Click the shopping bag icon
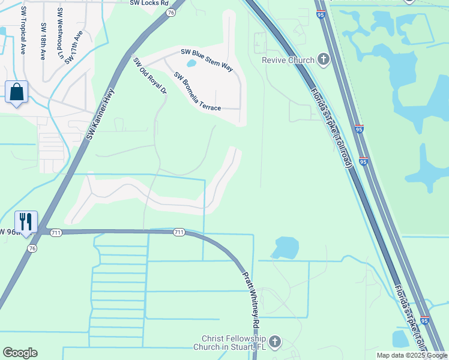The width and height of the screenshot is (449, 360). [16, 93]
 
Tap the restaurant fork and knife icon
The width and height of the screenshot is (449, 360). [26, 221]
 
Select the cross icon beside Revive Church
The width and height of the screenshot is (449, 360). [324, 59]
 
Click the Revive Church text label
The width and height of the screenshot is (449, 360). [288, 60]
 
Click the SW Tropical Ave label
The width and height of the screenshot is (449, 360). [24, 30]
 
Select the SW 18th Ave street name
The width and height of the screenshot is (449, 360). [43, 41]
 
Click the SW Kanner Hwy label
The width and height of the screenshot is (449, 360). [100, 114]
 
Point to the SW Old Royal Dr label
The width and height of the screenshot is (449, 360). [149, 76]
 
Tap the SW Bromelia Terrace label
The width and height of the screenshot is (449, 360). [197, 92]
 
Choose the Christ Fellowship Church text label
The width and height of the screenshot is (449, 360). [234, 343]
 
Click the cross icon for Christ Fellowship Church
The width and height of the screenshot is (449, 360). [275, 342]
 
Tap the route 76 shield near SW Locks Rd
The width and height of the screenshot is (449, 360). [172, 12]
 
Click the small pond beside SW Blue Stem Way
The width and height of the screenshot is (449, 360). [191, 62]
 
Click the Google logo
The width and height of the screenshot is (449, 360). [20, 353]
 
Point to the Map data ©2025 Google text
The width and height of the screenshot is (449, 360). [412, 355]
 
